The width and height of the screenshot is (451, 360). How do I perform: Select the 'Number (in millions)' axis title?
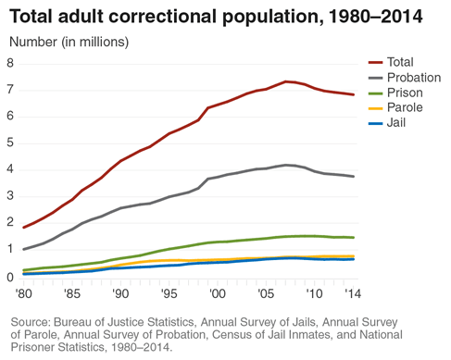click(x=69, y=42)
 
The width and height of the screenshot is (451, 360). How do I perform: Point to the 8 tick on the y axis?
click(x=10, y=63)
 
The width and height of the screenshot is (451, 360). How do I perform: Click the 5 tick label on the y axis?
click(x=10, y=143)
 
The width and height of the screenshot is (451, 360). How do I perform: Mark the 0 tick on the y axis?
click(x=10, y=276)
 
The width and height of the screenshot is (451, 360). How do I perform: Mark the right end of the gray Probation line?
click(x=354, y=177)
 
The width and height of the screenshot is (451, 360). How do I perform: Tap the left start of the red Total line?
click(x=23, y=227)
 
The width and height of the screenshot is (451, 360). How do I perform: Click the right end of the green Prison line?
click(x=354, y=238)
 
